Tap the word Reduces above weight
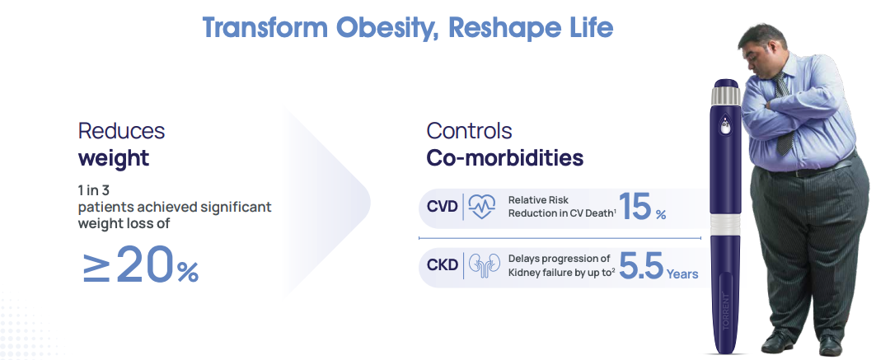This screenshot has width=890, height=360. (x=121, y=131)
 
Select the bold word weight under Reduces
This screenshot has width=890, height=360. (x=114, y=157)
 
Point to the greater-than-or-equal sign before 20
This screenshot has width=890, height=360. (x=96, y=267)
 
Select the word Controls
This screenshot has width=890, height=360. (x=469, y=131)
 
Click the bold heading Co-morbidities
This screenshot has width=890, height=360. (x=504, y=157)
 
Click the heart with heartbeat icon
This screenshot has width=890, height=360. (x=482, y=208)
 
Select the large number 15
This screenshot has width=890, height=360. (x=635, y=206)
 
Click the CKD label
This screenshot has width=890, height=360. (x=443, y=266)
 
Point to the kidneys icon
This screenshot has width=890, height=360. (x=485, y=267)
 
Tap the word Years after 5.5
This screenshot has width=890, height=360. (x=682, y=274)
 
